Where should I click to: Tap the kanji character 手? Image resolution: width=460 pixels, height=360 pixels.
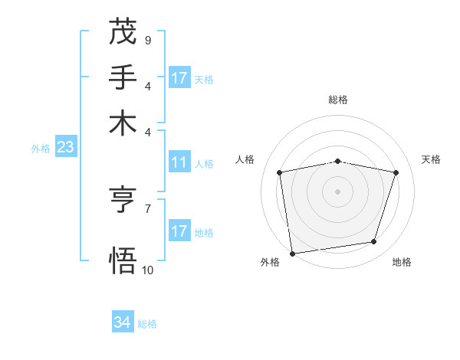click(123, 77)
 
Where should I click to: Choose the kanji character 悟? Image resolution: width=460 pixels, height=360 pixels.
click(123, 260)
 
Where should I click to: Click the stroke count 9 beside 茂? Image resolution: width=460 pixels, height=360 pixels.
click(147, 39)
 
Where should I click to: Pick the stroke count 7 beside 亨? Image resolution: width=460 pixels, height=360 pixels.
click(147, 208)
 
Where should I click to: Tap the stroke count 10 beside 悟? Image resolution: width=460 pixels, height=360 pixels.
click(147, 269)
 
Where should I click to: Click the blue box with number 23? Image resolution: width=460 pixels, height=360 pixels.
click(65, 147)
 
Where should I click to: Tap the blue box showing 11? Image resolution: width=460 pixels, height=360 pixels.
click(179, 162)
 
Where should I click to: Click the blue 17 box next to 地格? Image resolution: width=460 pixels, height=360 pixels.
click(179, 231)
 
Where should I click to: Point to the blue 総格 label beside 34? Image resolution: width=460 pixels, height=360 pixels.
click(147, 324)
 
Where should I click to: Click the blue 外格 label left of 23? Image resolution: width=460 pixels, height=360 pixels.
click(41, 149)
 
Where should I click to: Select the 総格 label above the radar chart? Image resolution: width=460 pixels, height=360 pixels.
click(337, 100)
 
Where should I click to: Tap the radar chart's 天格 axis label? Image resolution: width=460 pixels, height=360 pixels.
click(431, 159)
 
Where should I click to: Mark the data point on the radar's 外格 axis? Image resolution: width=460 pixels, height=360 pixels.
click(292, 253)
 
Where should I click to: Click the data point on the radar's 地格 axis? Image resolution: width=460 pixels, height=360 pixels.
click(374, 242)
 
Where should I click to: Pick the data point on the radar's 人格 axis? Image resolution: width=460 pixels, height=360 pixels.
click(280, 172)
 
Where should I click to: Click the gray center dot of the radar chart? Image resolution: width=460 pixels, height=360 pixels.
click(337, 191)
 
